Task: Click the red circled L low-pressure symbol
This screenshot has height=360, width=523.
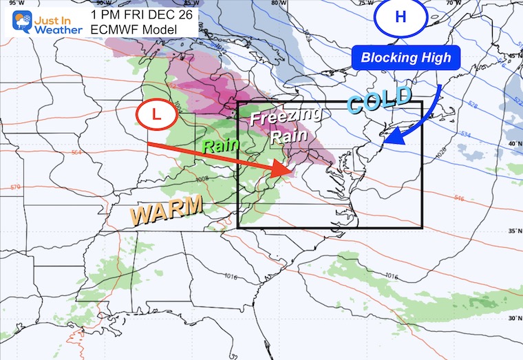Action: point(157,116)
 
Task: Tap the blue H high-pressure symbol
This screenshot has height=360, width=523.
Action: point(401,17)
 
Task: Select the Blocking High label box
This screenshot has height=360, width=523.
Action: point(407,59)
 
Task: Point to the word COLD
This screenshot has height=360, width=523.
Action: point(379,100)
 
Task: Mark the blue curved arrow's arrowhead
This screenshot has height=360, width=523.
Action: point(389,139)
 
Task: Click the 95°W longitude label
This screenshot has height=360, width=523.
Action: point(9,3)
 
